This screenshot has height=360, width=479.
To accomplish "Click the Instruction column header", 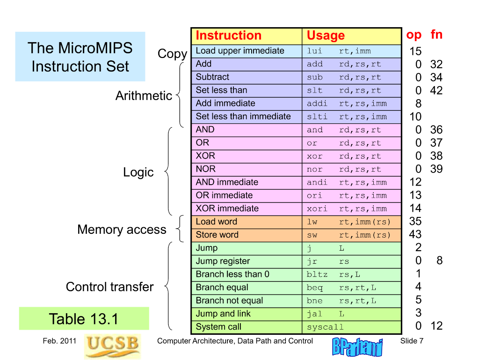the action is pos(247,36).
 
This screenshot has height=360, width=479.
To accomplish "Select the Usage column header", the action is pos(352,36).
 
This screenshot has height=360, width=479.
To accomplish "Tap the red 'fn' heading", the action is pos(436,35).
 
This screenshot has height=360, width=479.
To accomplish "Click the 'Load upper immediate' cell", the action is pos(247,51).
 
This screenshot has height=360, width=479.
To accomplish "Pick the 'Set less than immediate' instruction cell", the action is pos(247,116).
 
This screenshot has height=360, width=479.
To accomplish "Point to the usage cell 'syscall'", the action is pos(352,327).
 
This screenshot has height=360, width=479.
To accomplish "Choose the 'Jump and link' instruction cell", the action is pos(247,314).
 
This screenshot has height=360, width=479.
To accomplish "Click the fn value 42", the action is pos(436,90).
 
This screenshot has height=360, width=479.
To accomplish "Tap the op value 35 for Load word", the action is pos(415,221).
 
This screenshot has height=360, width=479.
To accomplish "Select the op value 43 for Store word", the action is pos(415,235).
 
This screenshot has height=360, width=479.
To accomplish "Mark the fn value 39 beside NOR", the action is pos(436,169).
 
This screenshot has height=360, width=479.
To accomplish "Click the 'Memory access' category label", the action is pos(122,230).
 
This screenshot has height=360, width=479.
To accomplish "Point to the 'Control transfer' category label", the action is pos(109,287).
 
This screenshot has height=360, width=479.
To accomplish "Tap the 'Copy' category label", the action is pos(172,54).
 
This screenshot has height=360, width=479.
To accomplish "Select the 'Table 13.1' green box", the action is pos(84,318).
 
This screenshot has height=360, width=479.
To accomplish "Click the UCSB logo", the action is pos(112,346).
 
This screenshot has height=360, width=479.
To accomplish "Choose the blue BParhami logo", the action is pos(357,347).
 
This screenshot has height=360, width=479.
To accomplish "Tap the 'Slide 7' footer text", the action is pos(412,341).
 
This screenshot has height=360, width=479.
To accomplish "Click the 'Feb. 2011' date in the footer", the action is pos(59,341).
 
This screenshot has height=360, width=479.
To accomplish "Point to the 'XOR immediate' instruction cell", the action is pos(247,208).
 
